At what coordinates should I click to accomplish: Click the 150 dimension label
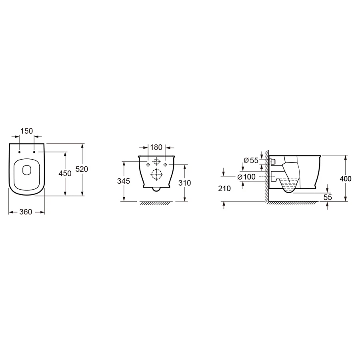27,131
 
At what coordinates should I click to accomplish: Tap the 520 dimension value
82,169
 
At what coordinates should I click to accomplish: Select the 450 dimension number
65,174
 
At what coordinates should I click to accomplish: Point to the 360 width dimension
26,212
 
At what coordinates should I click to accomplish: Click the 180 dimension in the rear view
156,147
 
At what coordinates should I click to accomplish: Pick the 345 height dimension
124,181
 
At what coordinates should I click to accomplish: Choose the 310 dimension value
184,183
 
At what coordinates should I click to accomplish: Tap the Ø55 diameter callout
251,160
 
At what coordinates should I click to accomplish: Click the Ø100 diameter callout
246,177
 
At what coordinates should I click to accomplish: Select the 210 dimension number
224,189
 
